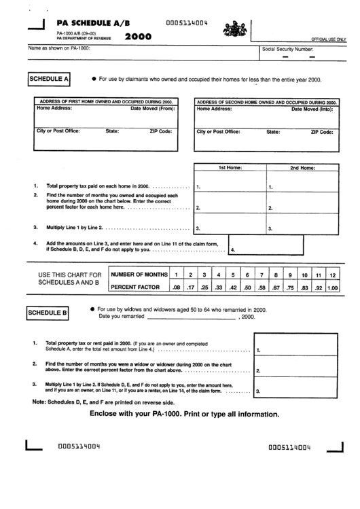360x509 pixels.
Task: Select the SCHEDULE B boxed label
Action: [48, 313]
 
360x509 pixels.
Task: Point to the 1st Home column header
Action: [227, 167]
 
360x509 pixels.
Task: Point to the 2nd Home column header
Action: [302, 167]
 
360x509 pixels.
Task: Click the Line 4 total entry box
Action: [284, 249]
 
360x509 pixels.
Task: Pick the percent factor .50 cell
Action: [248, 287]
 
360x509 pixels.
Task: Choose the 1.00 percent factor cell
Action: [332, 287]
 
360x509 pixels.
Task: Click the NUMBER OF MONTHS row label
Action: [139, 274]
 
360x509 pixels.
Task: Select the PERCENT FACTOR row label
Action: [135, 287]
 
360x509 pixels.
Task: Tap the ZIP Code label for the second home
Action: [321, 132]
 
